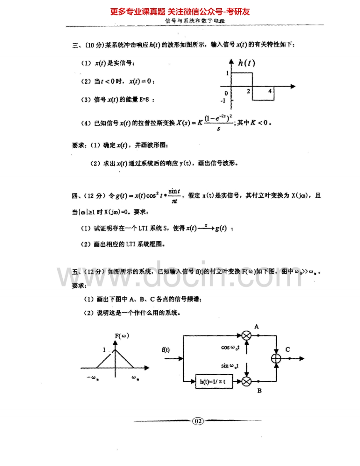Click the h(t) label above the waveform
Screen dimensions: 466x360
[247, 63]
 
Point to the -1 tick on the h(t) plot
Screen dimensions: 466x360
[223, 101]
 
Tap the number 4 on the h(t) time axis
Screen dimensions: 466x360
[269, 91]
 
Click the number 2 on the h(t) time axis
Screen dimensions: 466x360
[249, 91]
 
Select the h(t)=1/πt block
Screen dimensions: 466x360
[214, 381]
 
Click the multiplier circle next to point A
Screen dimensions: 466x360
[247, 335]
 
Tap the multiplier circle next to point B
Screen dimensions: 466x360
[247, 381]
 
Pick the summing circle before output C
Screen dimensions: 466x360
[276, 358]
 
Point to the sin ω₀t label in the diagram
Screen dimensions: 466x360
[232, 365]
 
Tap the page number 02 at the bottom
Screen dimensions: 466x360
[198, 421]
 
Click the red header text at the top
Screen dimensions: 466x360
[180, 12]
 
